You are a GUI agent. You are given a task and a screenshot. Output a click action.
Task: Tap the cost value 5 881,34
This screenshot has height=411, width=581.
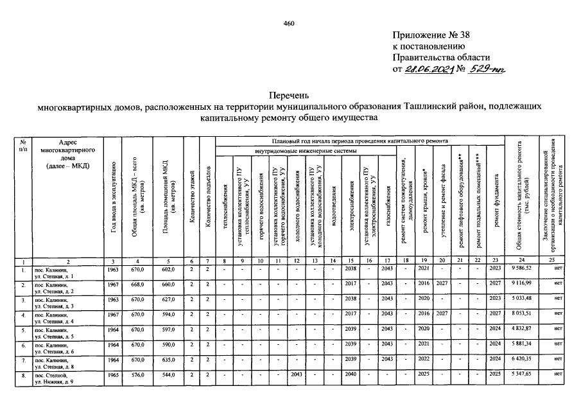coord(525,345)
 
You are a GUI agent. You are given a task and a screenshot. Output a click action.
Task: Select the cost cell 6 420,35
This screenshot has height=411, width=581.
coord(525,360)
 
